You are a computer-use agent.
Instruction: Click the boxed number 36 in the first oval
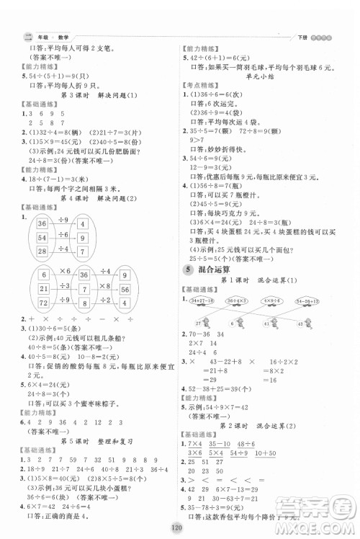pos(42,225)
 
